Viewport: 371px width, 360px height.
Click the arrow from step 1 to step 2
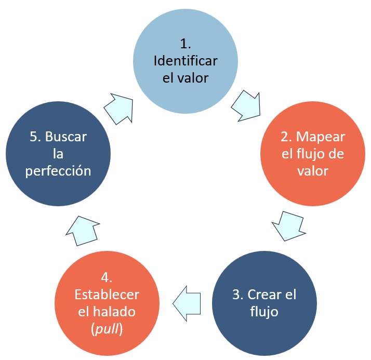pyautogui.click(x=245, y=104)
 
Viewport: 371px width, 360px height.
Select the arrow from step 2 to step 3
pyautogui.click(x=287, y=224)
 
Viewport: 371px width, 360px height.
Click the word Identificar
pyautogui.click(x=186, y=61)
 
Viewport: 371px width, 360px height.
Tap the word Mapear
pyautogui.click(x=321, y=137)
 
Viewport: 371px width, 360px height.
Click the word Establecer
pyautogui.click(x=107, y=295)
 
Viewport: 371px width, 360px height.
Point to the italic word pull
pyautogui.click(x=107, y=330)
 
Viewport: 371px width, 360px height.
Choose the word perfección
pyautogui.click(x=58, y=171)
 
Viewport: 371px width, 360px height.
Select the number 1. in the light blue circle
pyautogui.click(x=186, y=44)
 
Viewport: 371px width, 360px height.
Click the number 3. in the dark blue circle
pyautogui.click(x=237, y=295)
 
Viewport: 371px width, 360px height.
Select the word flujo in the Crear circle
pyautogui.click(x=264, y=312)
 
